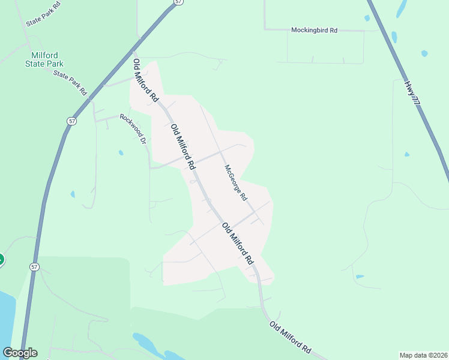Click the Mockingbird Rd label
coord(314,29)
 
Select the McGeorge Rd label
coord(235,182)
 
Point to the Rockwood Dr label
coord(133,128)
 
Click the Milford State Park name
coord(44,59)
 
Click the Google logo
coord(20,353)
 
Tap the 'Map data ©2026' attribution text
coord(424,355)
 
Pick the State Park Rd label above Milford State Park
coord(43,14)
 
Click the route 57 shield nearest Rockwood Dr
coord(72,121)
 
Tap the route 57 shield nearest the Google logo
coord(34,266)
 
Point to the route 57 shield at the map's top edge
coord(178,2)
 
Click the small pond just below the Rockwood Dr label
coord(121,153)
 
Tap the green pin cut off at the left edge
coord(1,260)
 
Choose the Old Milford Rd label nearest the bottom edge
coord(291,337)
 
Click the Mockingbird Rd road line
coord(348,30)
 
